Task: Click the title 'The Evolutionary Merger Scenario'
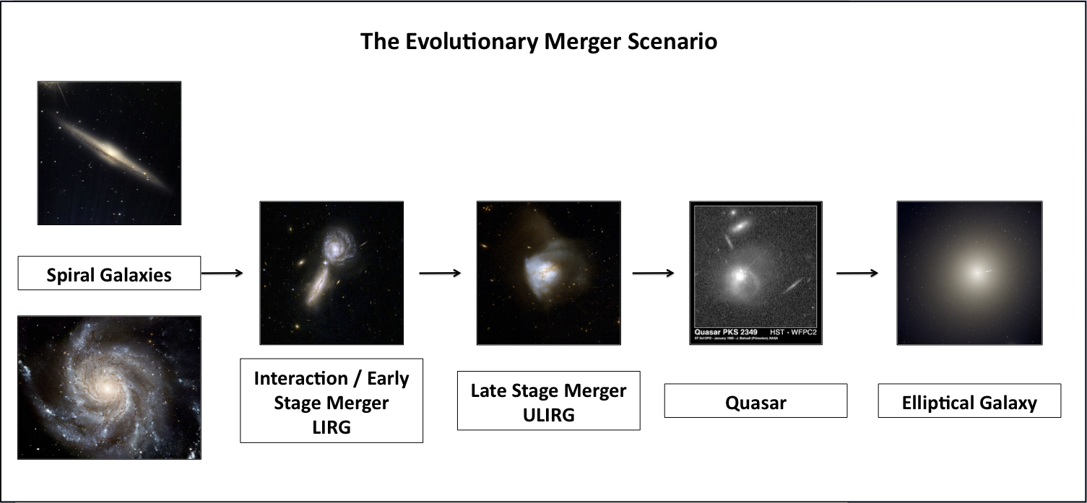[x=539, y=41]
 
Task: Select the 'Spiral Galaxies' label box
[x=109, y=274]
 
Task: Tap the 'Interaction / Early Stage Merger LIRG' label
[x=331, y=401]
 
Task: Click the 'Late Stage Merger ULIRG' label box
[x=548, y=401]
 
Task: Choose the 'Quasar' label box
[x=755, y=401]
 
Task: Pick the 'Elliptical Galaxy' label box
[x=969, y=401]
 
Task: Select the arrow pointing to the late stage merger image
[x=440, y=273]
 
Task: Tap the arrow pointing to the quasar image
[x=653, y=273]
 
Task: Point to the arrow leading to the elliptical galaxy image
[x=857, y=273]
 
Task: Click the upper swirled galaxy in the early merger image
[x=336, y=245]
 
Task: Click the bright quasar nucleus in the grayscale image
[x=739, y=274]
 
